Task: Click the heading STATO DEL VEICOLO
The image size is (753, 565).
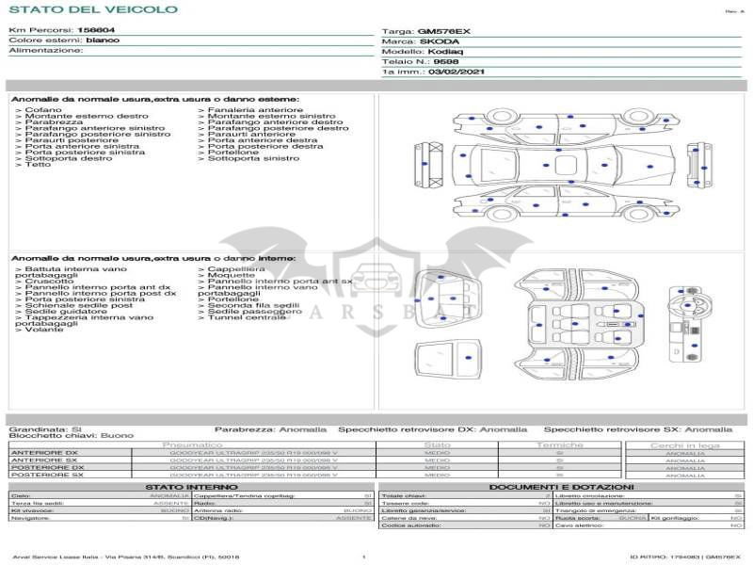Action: pyautogui.click(x=92, y=9)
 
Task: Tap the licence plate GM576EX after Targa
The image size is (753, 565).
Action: pyautogui.click(x=443, y=31)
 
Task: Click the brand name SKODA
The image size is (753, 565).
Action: pyautogui.click(x=440, y=41)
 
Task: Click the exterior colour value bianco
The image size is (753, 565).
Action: pyautogui.click(x=103, y=40)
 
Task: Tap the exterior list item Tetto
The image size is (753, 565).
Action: pyautogui.click(x=38, y=165)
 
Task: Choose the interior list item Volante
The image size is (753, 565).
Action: pyautogui.click(x=44, y=330)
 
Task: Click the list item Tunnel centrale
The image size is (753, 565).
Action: pyautogui.click(x=247, y=317)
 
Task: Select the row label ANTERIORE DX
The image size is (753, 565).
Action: pyautogui.click(x=47, y=453)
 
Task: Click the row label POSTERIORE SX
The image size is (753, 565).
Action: pyautogui.click(x=47, y=475)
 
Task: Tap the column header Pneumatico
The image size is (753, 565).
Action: pyautogui.click(x=192, y=444)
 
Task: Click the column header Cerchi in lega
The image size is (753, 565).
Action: pyautogui.click(x=684, y=444)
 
